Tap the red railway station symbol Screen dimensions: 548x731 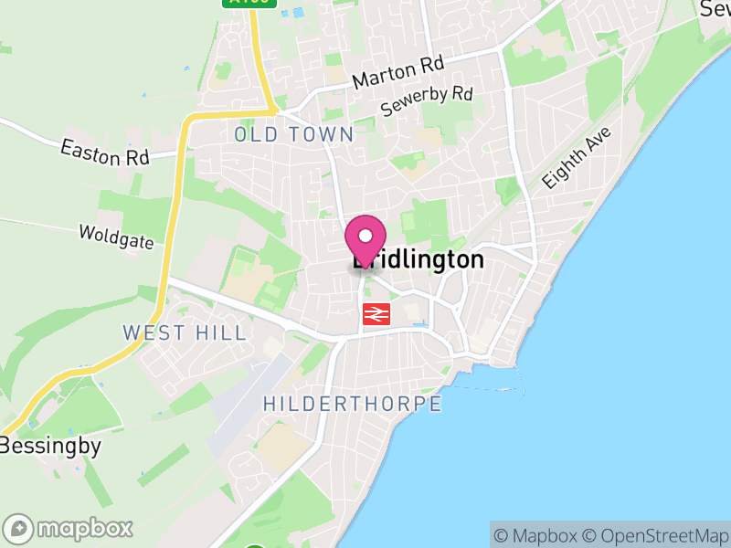[376, 314]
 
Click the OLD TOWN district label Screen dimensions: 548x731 [293, 134]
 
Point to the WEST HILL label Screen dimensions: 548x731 [185, 332]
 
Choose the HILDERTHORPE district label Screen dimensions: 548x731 [352, 404]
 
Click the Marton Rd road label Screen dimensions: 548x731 [397, 72]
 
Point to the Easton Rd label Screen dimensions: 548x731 [105, 153]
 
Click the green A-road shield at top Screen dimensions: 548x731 [249, 3]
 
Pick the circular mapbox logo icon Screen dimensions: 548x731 [18, 529]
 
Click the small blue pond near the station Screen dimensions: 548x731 [418, 324]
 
